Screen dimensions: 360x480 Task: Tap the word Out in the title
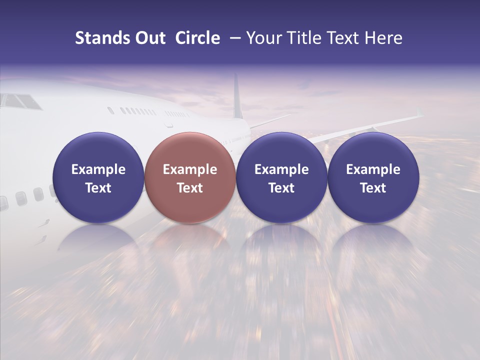[148, 38]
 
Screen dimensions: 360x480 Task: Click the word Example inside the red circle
[190, 169]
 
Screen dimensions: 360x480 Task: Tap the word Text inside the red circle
[190, 188]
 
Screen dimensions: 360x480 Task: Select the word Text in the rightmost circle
[373, 188]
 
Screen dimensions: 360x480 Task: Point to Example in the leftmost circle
[98, 169]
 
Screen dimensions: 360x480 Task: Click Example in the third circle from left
[281, 169]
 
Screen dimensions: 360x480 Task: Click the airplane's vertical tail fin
[237, 97]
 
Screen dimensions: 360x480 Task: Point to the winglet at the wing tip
[419, 113]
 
